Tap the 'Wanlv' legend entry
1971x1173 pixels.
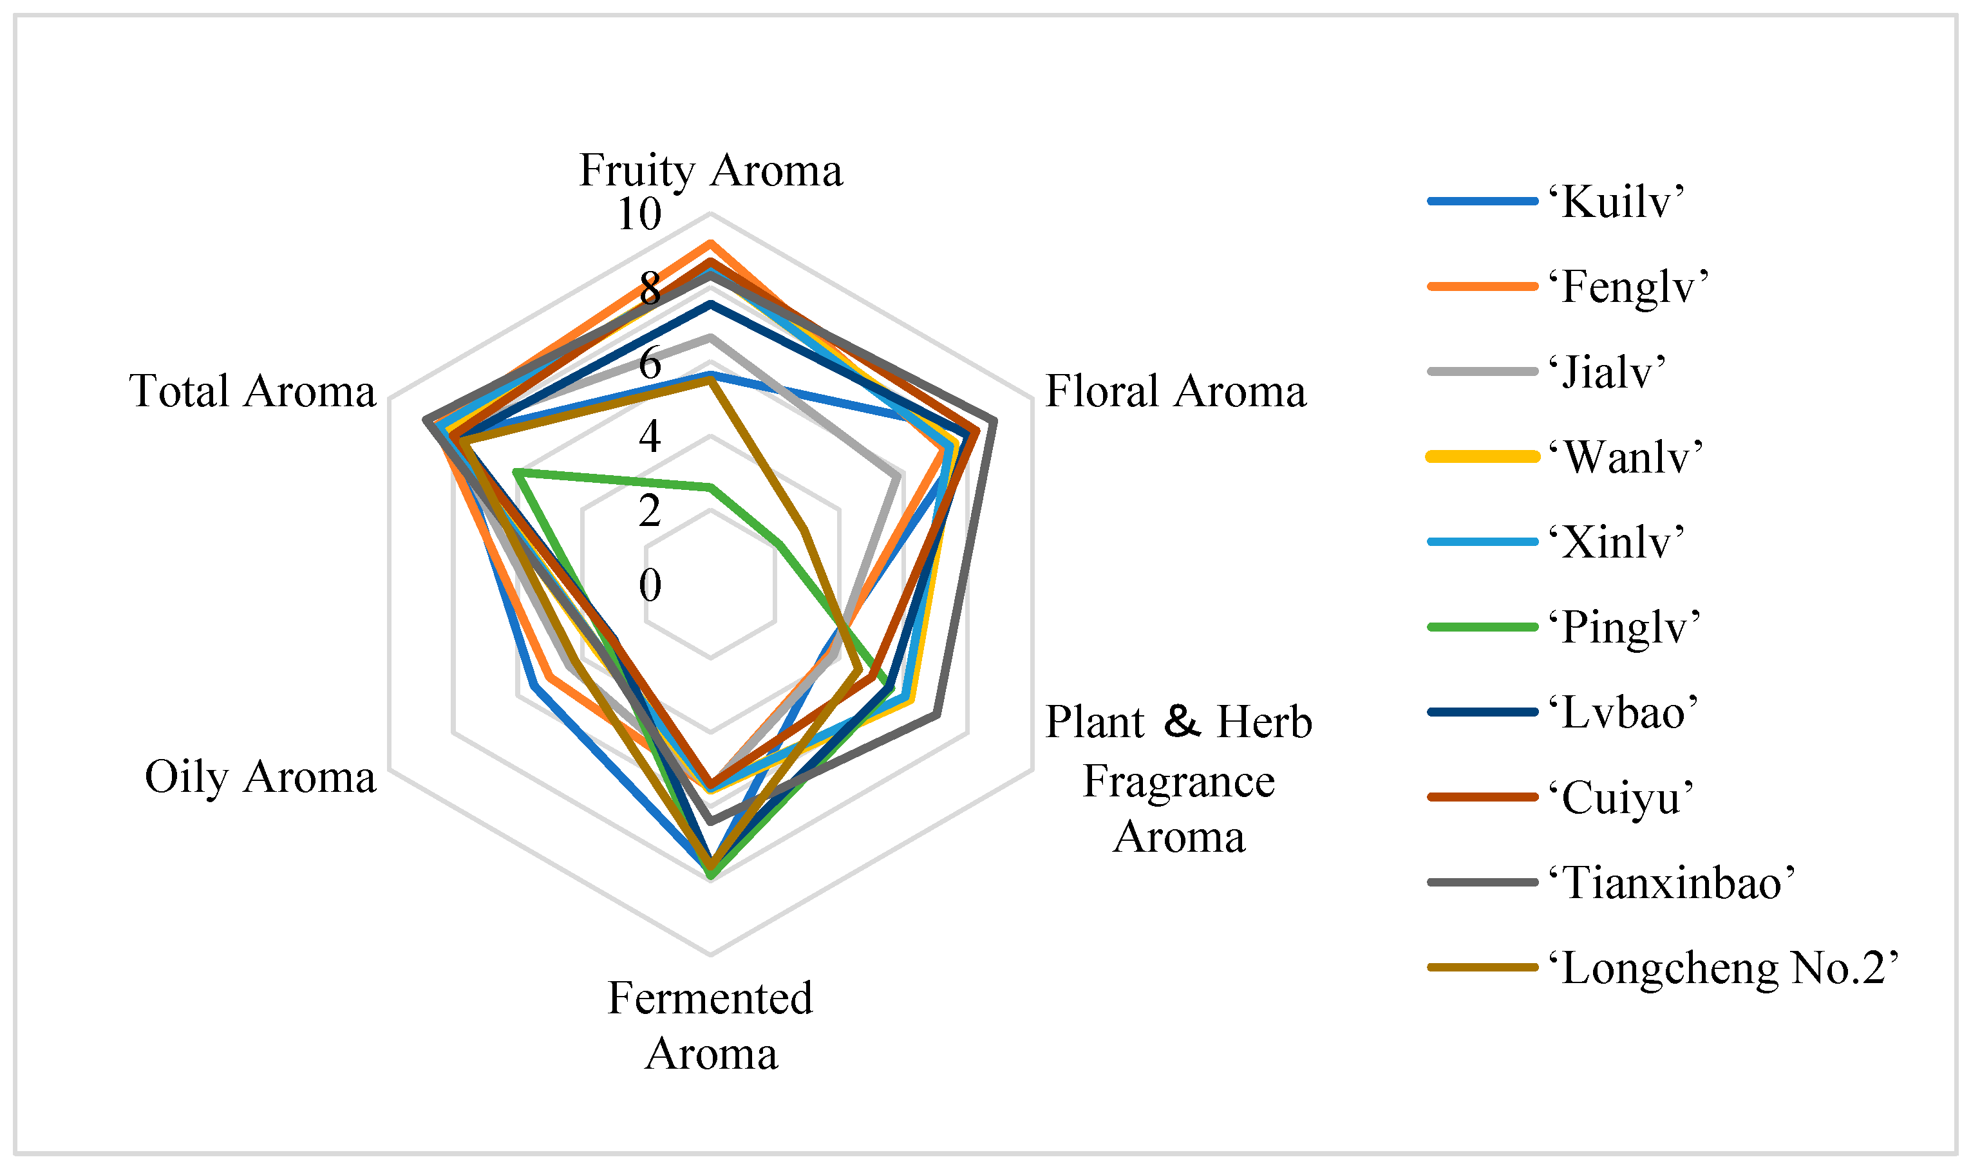(x=1624, y=457)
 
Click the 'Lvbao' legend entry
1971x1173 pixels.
(x=1621, y=713)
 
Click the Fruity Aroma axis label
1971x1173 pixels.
(x=711, y=170)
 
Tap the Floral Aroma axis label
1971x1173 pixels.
(x=1175, y=391)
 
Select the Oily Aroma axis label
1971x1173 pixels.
(x=260, y=777)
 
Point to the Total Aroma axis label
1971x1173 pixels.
(x=252, y=391)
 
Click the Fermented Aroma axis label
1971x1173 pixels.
(x=711, y=1026)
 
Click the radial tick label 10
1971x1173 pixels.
(x=639, y=214)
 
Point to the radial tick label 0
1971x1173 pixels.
(x=650, y=586)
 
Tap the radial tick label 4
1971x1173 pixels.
(x=650, y=436)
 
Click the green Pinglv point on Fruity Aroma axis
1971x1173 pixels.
(x=711, y=488)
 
